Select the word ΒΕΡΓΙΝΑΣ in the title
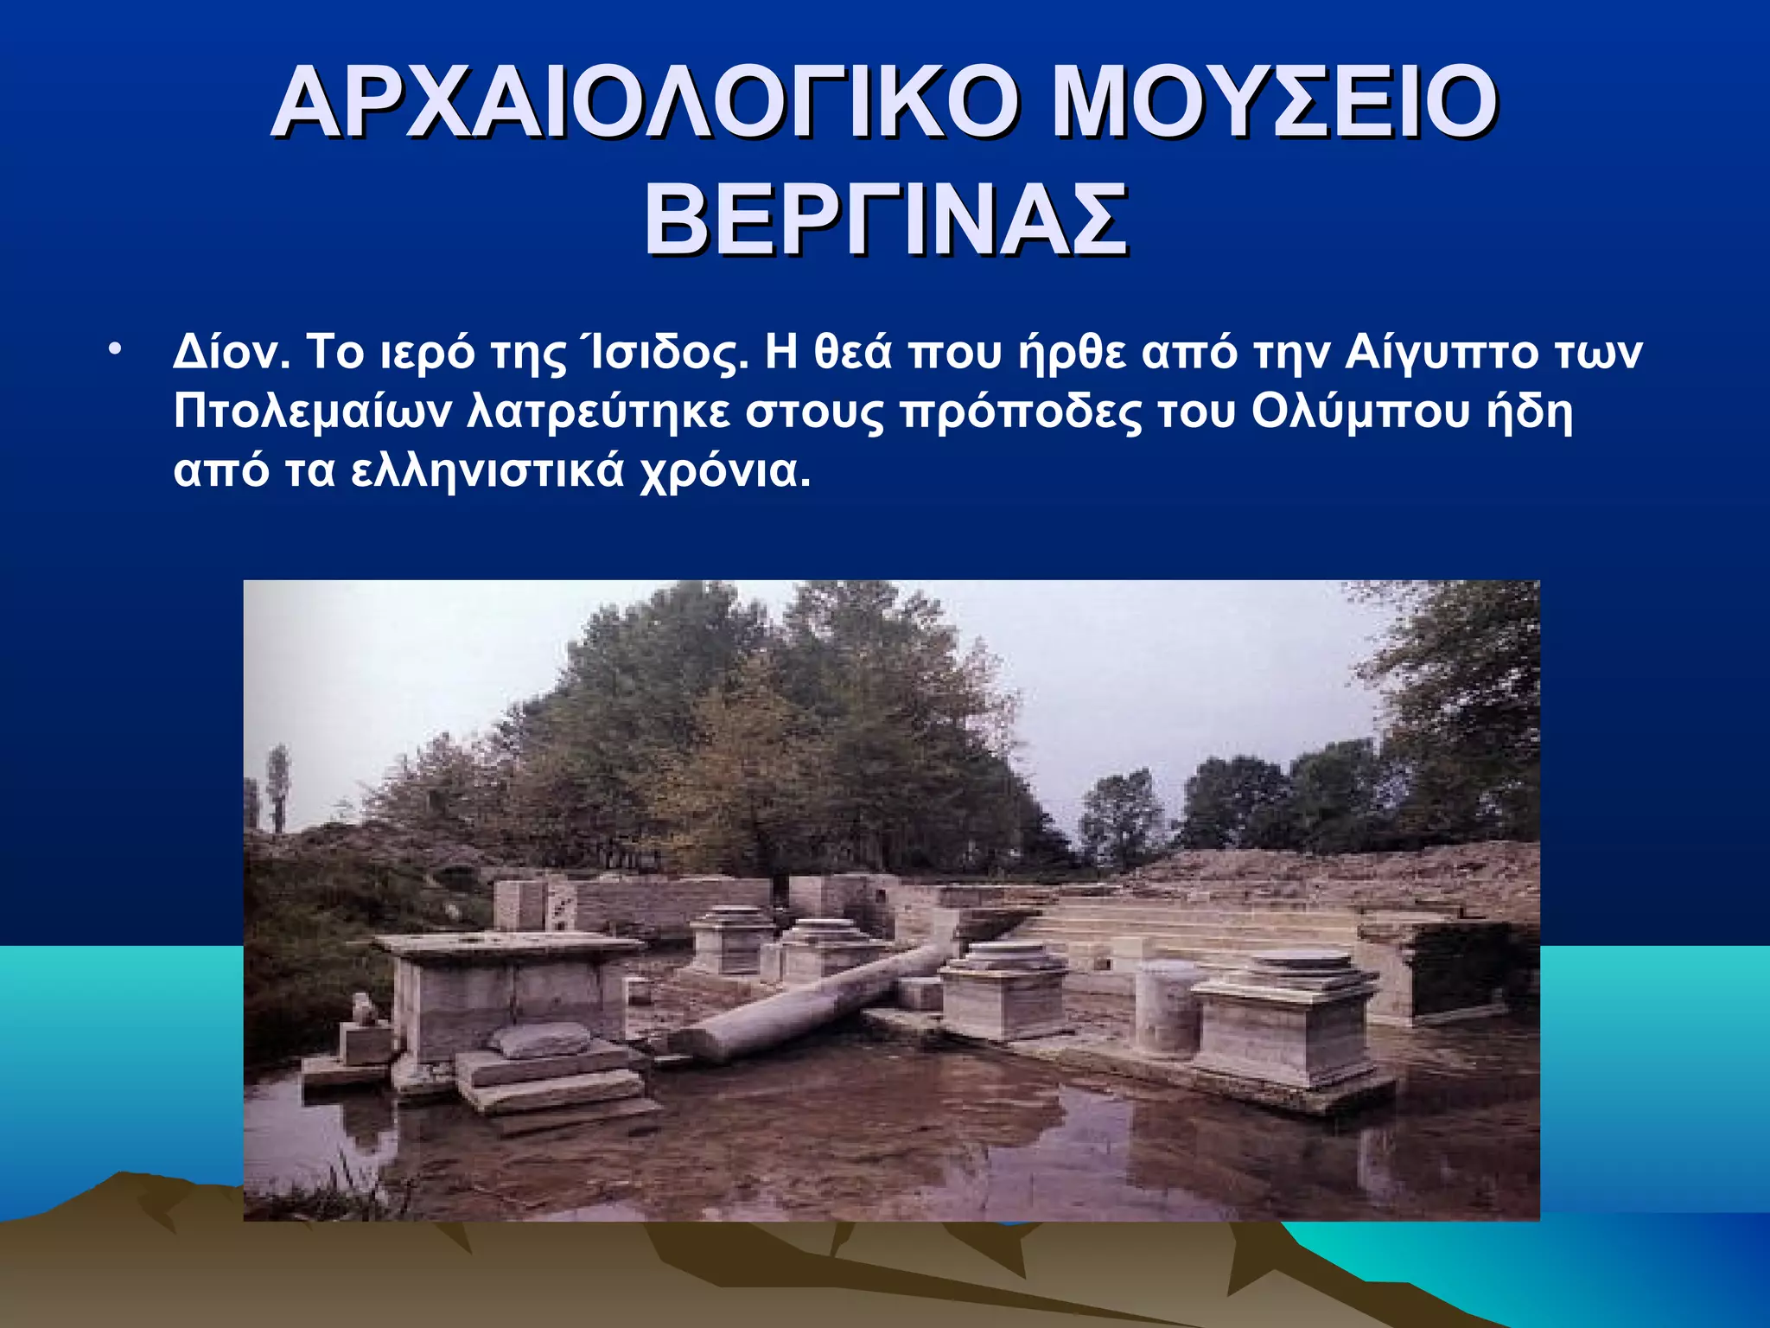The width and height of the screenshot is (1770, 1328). [x=885, y=220]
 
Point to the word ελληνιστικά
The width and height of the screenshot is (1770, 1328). [x=487, y=472]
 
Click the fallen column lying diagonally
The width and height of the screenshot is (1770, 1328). [x=821, y=1003]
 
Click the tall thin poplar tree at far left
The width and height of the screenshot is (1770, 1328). [x=278, y=787]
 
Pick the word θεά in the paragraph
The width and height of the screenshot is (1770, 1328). [x=852, y=353]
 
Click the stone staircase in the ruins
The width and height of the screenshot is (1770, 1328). [x=1210, y=929]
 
